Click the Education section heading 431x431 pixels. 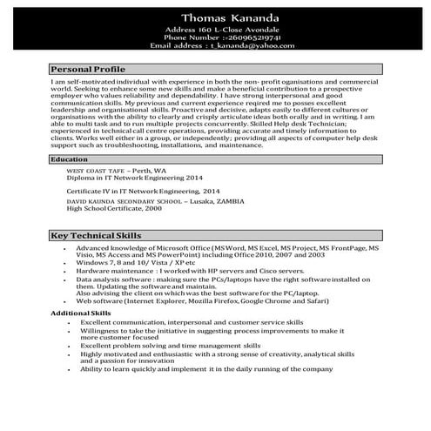click(70, 160)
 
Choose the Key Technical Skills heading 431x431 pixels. click(96, 236)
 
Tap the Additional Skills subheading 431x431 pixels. click(81, 313)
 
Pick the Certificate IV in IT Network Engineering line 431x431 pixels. click(144, 190)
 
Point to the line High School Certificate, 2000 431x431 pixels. click(114, 209)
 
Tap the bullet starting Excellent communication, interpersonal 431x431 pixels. click(192, 322)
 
